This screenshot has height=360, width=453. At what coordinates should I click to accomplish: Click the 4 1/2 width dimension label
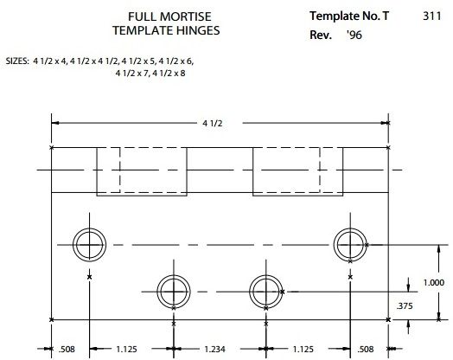(x=213, y=124)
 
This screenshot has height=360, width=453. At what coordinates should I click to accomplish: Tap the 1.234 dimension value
(x=214, y=350)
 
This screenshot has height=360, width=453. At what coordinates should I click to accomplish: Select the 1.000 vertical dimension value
(x=434, y=282)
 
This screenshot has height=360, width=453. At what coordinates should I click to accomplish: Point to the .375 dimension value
(x=405, y=306)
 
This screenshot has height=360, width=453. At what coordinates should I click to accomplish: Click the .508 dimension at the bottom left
(x=67, y=350)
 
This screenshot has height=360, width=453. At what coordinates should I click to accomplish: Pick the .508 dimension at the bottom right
(x=366, y=350)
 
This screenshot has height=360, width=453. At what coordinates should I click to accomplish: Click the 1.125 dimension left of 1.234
(x=126, y=350)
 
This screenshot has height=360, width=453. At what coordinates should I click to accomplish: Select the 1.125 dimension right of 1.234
(x=303, y=350)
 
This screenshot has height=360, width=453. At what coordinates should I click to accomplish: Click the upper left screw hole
(x=89, y=228)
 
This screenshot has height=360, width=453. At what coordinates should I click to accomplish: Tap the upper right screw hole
(x=350, y=228)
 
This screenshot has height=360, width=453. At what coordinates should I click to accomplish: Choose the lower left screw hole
(x=174, y=275)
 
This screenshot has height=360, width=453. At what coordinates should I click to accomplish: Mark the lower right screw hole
(x=265, y=275)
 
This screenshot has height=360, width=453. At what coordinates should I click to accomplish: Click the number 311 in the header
(x=432, y=16)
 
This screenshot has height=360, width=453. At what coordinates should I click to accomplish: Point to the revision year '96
(x=354, y=35)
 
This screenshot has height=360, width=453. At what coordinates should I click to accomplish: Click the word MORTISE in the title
(x=186, y=16)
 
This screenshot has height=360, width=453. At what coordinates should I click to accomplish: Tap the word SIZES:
(x=17, y=61)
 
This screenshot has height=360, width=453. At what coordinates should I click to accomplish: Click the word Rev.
(x=321, y=35)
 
